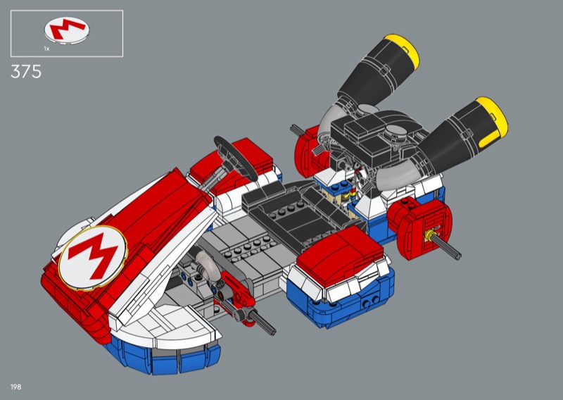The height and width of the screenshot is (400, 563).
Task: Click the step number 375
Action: (26, 72)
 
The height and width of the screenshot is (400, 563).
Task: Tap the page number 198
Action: (15, 387)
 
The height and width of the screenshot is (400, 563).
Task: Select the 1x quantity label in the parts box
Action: (46, 49)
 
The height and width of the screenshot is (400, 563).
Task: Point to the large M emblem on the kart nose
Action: (93, 257)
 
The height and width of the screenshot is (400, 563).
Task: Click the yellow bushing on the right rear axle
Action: (429, 235)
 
